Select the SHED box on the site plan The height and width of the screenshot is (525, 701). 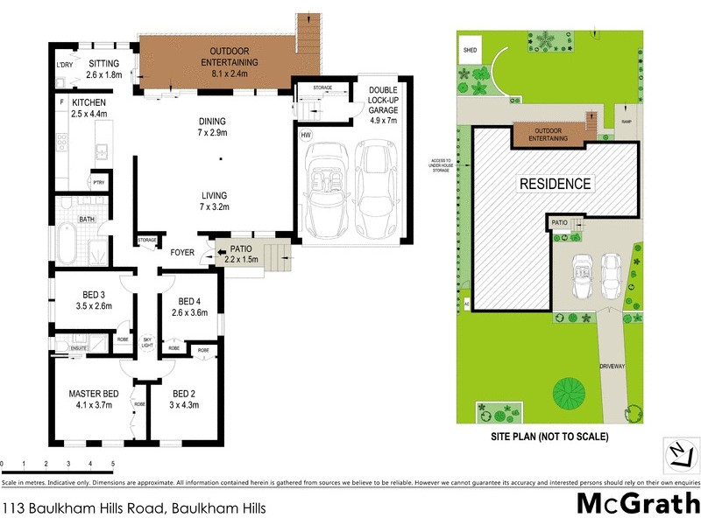click(471, 51)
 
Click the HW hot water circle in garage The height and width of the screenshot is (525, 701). click(306, 135)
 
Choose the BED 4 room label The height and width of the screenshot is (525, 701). click(190, 308)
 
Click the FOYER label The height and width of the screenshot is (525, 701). click(182, 252)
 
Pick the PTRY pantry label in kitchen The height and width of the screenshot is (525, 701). click(99, 181)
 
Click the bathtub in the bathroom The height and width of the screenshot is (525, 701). click(67, 241)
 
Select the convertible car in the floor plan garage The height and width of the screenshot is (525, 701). click(322, 186)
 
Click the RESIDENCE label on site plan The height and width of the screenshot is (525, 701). click(556, 184)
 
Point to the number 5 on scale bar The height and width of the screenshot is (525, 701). click(112, 464)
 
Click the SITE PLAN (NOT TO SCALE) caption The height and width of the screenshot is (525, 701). click(549, 436)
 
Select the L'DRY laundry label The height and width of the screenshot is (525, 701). click(63, 65)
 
